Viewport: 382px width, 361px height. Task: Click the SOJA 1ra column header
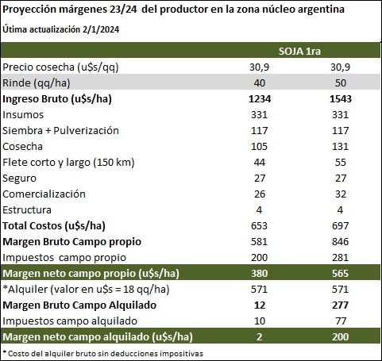(299, 51)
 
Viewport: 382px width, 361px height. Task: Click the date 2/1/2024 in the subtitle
(101, 29)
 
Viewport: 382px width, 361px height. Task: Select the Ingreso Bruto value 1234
(260, 99)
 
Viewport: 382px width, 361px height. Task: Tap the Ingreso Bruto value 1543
(341, 99)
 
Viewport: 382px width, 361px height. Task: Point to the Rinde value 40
(260, 83)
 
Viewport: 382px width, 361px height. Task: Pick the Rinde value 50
(341, 83)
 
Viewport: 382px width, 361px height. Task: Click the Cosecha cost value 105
(260, 147)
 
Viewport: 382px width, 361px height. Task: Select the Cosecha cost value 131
(341, 147)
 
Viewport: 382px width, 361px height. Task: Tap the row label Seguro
(19, 179)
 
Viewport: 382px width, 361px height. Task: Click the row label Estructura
(27, 210)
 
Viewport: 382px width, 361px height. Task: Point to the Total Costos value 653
(260, 226)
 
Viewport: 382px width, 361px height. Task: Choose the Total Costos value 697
(341, 226)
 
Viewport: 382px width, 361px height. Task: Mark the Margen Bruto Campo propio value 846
(341, 242)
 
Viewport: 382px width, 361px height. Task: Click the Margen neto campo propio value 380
(260, 274)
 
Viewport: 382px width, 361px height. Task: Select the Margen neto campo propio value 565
(341, 274)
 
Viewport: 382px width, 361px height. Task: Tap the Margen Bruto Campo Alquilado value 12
(260, 305)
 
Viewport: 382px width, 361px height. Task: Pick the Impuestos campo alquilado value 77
(341, 321)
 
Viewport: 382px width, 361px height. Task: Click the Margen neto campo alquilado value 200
(341, 337)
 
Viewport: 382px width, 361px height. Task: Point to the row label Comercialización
(44, 194)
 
